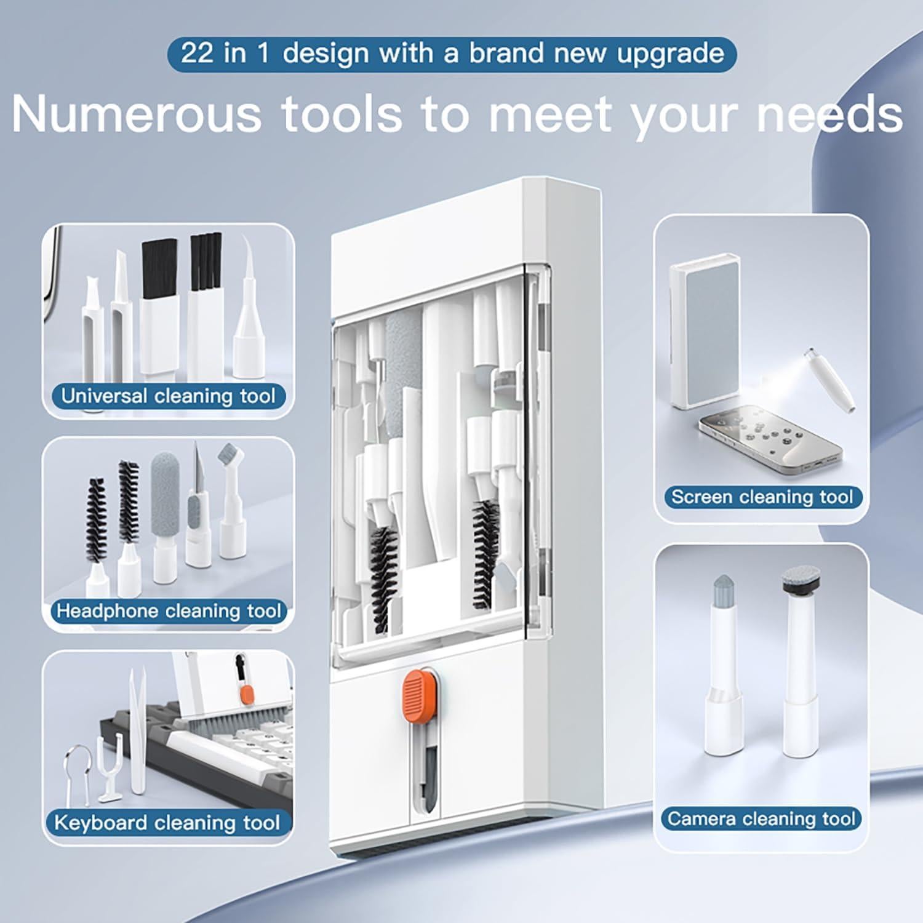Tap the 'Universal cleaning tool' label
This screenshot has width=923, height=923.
[168, 396]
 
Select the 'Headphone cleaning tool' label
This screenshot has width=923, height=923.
[169, 611]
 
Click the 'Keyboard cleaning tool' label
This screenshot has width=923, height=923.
[167, 823]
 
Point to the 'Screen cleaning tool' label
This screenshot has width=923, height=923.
[762, 497]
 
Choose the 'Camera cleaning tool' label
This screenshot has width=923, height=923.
[761, 818]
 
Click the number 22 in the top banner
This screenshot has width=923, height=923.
[196, 54]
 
